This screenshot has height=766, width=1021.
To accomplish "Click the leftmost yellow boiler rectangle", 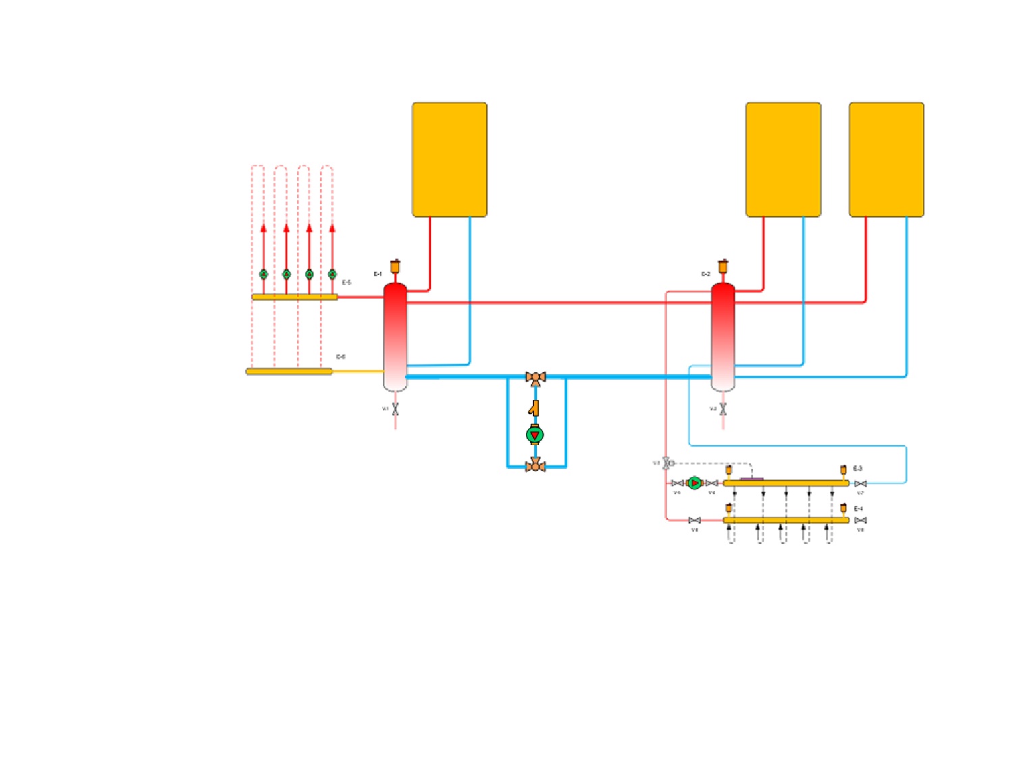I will point(450,159).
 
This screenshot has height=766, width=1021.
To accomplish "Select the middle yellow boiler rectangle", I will point(783,159).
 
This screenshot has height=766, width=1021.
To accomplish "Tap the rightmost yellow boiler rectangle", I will point(887,159).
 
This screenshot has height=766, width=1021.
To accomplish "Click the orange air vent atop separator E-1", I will point(395,267).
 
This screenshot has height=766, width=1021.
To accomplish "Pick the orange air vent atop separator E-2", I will point(723,267).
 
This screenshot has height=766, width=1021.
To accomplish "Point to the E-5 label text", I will point(346,282).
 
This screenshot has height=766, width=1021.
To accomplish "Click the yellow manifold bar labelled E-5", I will point(294,297).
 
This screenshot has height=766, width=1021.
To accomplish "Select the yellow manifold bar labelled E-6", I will point(289,371).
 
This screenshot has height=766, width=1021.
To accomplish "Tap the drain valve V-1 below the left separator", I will point(395,409).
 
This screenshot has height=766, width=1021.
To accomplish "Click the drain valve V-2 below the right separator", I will point(723,409).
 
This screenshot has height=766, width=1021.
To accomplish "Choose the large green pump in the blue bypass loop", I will point(535,435).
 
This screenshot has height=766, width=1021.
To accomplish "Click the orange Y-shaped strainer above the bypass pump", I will point(534,408).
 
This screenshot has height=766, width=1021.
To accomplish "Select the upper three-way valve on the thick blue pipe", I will point(535,378).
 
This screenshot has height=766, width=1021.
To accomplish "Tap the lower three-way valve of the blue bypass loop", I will point(535,465).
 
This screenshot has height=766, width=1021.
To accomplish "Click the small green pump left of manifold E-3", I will point(694,483).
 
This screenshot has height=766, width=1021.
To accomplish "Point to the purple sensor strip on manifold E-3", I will point(752,479).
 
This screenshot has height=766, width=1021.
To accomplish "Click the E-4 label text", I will point(858,509).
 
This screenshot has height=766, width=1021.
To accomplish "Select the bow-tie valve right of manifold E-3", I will point(860,484).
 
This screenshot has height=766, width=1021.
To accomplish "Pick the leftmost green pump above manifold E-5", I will point(263,274).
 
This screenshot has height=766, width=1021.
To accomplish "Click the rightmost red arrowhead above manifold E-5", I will point(332,228).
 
